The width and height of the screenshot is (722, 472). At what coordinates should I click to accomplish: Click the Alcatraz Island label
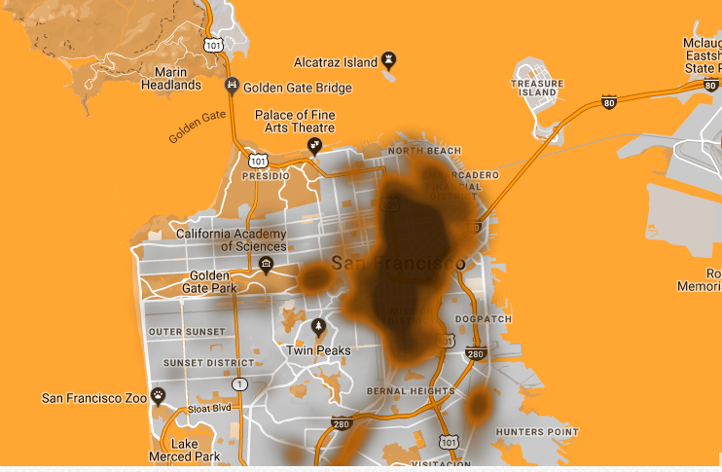334,62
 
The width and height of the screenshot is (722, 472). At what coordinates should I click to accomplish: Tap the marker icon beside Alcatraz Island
389,60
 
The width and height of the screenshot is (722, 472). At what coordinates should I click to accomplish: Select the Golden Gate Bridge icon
232,85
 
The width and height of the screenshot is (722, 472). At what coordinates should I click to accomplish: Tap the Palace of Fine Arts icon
315,146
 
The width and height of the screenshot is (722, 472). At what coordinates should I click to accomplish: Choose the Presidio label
266,177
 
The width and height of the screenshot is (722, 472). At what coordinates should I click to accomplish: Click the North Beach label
424,151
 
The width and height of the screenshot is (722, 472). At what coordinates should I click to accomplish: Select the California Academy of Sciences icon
266,263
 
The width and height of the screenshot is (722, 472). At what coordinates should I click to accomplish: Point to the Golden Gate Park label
209,281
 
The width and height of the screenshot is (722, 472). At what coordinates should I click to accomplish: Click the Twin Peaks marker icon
318,327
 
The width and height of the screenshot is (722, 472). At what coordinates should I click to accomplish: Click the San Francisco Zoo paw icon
159,395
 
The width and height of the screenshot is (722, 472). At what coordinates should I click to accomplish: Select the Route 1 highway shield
240,384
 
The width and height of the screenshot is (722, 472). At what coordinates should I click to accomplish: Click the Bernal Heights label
410,391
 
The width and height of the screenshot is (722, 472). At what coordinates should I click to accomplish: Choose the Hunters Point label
536,431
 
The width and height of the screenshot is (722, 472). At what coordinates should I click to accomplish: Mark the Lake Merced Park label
184,450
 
